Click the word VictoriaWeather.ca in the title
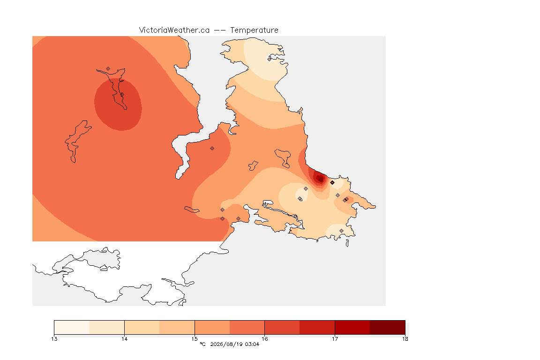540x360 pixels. click(174, 30)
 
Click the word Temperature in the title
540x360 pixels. click(254, 30)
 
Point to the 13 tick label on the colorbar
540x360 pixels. click(54, 339)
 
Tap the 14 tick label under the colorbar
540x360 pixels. click(124, 339)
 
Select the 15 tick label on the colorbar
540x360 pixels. click(195, 339)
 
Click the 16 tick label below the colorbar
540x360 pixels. click(264, 339)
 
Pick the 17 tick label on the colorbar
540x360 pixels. click(335, 339)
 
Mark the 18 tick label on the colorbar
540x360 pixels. click(405, 339)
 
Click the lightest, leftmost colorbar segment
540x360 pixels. click(72, 327)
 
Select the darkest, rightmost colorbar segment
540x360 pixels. click(388, 327)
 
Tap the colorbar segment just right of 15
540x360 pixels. click(212, 327)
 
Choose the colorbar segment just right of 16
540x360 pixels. click(282, 327)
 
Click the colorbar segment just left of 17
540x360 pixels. click(317, 327)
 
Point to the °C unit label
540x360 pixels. click(203, 344)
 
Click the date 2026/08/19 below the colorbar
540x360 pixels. click(226, 344)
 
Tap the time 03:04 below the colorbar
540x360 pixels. click(252, 344)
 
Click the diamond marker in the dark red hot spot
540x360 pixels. click(321, 180)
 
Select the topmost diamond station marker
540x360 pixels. click(270, 59)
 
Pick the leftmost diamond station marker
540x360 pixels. click(108, 69)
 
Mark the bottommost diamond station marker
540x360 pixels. click(341, 231)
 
